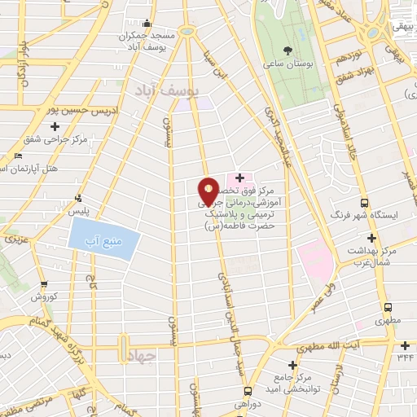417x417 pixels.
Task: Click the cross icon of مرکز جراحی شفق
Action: pyautogui.click(x=55, y=126)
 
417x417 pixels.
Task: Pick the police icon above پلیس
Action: pyautogui.click(x=78, y=197)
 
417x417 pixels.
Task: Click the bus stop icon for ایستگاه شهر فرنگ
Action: pyautogui.click(x=363, y=203)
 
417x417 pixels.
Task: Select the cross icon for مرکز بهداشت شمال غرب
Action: pyautogui.click(x=371, y=238)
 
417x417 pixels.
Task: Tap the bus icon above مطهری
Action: pyautogui.click(x=388, y=308)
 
